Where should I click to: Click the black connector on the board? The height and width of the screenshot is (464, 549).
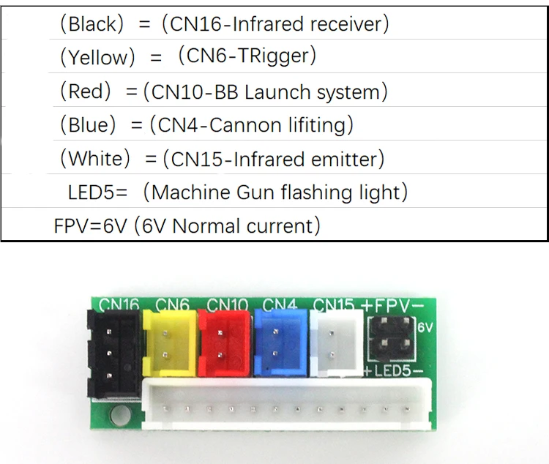pos(113,353)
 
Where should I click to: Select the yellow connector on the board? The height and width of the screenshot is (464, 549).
pos(170,340)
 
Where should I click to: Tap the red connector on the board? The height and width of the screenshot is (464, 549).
pos(222,340)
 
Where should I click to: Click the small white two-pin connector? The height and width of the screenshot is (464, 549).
pos(336,338)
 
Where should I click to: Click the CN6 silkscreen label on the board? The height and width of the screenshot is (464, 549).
pos(172,304)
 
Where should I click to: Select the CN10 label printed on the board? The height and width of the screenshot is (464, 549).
pos(227,304)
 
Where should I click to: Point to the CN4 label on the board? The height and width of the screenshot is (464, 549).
pos(278,304)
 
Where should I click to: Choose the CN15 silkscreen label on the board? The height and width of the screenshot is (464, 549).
pos(334,304)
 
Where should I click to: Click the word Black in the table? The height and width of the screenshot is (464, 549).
pos(91,24)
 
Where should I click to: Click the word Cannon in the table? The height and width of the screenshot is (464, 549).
pos(247,125)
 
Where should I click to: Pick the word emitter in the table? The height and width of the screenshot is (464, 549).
pos(344,159)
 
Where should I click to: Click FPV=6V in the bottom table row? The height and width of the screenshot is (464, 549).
pos(91,226)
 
